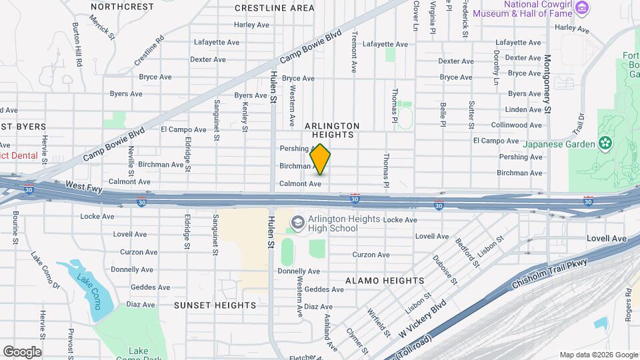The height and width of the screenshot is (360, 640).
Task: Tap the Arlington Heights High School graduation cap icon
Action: (297, 221)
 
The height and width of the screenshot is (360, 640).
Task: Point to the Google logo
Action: (22, 351)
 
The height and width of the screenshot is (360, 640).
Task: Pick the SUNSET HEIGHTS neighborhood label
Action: (215, 305)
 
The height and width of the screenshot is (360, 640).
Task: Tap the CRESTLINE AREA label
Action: (275, 8)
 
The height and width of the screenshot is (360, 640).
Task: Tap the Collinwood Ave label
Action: (517, 125)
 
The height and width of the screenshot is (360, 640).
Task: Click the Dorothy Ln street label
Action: (497, 68)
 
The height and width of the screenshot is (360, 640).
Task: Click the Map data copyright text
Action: (597, 355)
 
